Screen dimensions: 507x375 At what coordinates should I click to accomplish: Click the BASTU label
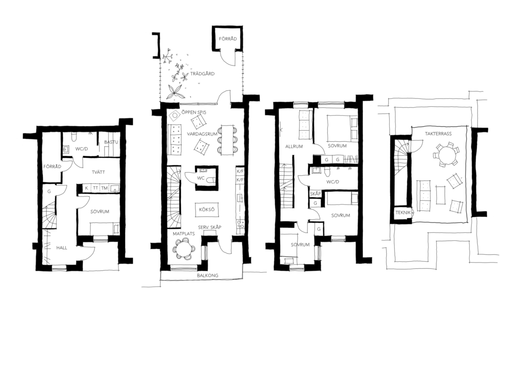click(x=111, y=142)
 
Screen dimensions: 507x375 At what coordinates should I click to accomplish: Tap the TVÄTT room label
click(x=98, y=172)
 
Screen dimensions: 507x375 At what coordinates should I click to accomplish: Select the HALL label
click(x=62, y=248)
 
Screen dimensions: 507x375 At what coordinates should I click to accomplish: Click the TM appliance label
click(x=104, y=188)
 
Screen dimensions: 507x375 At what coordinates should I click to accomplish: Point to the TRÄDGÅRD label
click(x=202, y=74)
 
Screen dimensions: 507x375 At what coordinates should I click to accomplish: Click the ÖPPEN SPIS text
click(x=194, y=112)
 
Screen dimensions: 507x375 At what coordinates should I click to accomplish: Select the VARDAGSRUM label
click(x=202, y=134)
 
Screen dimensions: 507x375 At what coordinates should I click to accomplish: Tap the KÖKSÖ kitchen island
click(x=207, y=210)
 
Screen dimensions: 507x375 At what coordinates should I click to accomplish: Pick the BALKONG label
click(x=207, y=276)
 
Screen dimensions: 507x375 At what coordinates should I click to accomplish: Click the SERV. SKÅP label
click(x=210, y=227)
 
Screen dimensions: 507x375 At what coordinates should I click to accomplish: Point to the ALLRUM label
click(x=294, y=146)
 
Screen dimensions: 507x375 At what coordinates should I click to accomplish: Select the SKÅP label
click(x=316, y=194)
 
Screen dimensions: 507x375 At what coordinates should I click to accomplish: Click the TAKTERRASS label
click(x=438, y=134)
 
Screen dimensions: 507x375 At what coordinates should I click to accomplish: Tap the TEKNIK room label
click(x=403, y=213)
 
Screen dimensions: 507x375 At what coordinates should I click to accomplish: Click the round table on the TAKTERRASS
click(x=446, y=154)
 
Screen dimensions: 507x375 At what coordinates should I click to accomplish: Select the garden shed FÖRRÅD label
click(x=228, y=39)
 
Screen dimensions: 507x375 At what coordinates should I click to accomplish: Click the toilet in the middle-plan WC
click(x=211, y=180)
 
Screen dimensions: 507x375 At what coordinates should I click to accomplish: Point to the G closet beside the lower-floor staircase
click(x=49, y=192)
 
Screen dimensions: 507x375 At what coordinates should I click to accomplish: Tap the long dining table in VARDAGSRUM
click(x=227, y=140)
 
